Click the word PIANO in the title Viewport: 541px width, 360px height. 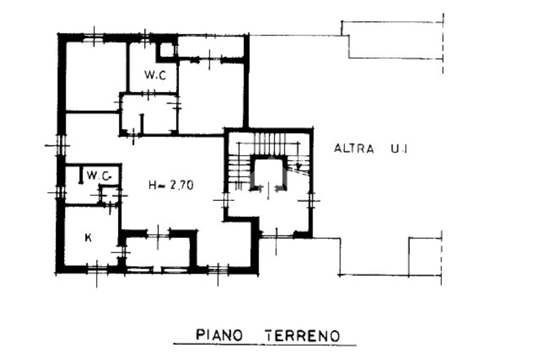[219, 335]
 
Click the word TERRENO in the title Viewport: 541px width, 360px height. [302, 336]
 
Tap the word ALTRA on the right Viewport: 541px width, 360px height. [354, 149]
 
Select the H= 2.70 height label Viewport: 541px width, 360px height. [171, 185]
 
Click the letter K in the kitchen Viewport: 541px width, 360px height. [88, 238]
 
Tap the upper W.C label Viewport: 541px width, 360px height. [155, 74]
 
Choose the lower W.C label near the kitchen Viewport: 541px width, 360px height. [99, 176]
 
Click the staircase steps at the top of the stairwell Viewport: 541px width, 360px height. [270, 144]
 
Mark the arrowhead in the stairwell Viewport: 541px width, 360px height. [299, 167]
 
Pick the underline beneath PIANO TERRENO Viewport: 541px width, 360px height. [265, 344]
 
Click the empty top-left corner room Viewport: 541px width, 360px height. [96, 77]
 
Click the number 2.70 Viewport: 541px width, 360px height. [182, 185]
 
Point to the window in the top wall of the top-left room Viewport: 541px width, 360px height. [94, 38]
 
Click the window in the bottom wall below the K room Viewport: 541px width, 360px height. [97, 269]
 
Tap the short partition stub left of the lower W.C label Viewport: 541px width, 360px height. [81, 175]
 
